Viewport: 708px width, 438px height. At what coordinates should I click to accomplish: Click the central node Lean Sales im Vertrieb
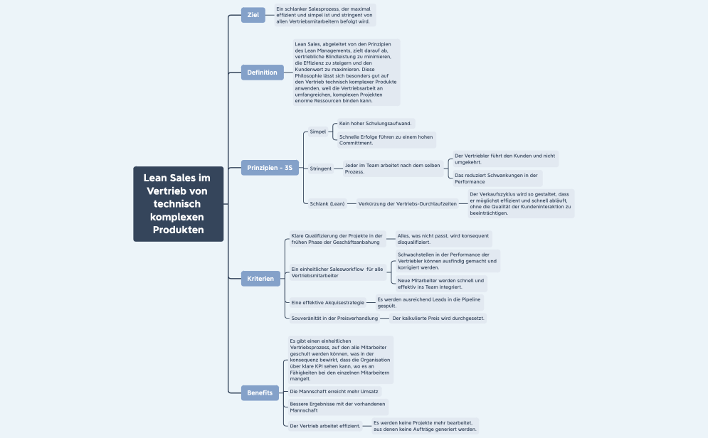178,204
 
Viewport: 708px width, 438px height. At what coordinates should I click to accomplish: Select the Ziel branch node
253,15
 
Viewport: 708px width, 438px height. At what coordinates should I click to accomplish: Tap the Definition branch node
263,73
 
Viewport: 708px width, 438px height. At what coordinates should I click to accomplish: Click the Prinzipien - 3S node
270,168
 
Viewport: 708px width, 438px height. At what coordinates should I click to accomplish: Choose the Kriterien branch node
260,279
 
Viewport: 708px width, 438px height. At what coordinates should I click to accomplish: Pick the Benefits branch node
260,392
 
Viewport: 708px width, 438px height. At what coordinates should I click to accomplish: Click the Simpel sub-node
317,132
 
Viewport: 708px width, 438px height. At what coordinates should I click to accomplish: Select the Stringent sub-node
321,169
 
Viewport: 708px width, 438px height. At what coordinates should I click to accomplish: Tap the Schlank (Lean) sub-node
327,203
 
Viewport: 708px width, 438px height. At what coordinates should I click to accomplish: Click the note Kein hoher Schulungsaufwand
376,123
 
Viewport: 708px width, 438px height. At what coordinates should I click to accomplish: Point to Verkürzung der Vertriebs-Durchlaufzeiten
407,203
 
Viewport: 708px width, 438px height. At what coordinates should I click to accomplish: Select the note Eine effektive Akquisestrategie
327,302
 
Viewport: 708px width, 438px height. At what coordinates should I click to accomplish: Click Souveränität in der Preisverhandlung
334,318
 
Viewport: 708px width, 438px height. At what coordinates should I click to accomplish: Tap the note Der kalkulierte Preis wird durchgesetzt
438,318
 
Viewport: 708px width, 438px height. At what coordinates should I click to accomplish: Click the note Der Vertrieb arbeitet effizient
325,425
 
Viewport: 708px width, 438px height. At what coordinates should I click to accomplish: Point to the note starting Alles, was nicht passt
443,238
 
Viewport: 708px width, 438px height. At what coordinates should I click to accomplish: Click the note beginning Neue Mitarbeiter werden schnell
441,284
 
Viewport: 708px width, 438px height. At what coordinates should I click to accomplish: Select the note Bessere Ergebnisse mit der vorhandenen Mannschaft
338,407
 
